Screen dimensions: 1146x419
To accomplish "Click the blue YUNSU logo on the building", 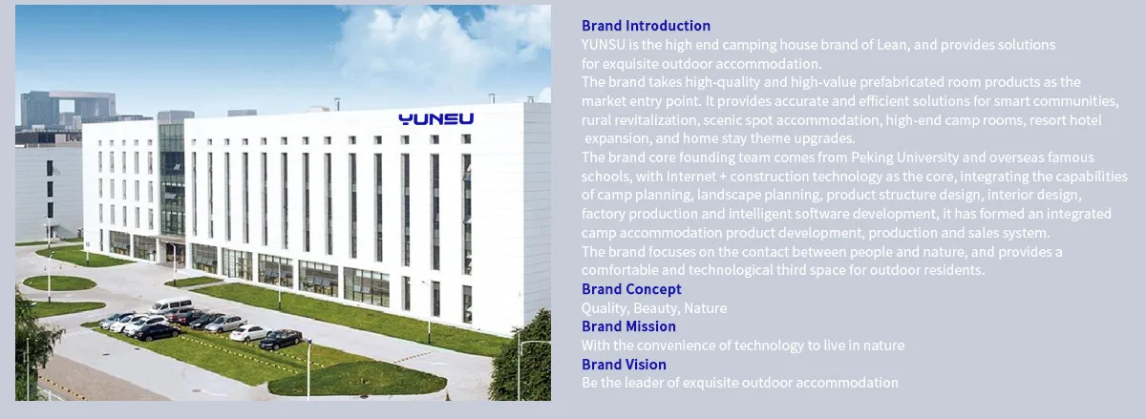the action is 435,119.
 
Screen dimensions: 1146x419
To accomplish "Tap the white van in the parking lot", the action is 170,306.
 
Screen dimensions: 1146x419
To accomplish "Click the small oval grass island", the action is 59,283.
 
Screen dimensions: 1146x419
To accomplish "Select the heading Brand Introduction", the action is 646,26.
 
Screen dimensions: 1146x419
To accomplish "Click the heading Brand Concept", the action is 631,289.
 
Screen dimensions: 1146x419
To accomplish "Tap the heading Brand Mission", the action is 628,326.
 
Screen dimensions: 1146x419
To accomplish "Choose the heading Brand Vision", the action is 624,365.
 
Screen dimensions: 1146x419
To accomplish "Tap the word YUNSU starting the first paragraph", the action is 604,45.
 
